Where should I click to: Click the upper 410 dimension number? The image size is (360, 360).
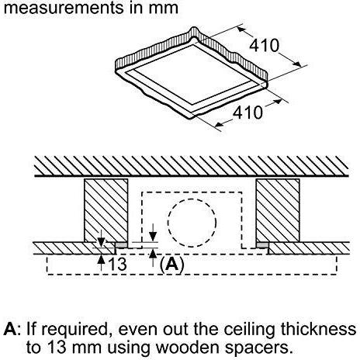tap(264, 46)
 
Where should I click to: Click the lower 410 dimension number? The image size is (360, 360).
tap(247, 112)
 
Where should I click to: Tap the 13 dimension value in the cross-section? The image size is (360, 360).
tap(117, 264)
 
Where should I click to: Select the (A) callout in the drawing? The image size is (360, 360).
tap(172, 265)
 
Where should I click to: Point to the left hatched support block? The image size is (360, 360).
tap(106, 210)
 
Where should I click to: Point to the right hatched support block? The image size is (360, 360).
tap(278, 210)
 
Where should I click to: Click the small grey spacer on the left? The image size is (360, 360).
tap(121, 245)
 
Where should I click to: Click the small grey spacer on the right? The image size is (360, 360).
tap(262, 245)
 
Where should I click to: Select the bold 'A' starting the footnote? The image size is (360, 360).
tap(10, 329)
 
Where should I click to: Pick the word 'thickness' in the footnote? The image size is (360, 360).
tap(319, 329)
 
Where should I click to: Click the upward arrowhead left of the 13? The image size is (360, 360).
tap(101, 259)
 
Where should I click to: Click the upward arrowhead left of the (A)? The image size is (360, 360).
tap(154, 254)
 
